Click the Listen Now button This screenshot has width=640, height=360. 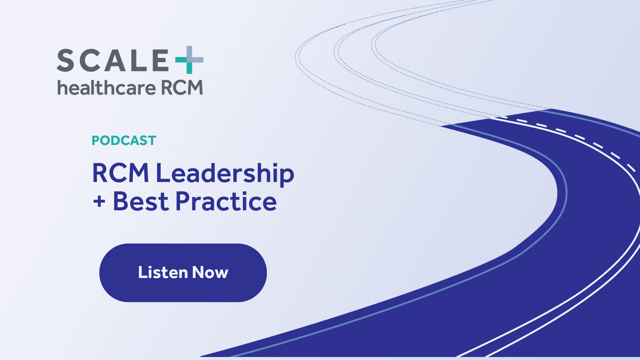point(183,273)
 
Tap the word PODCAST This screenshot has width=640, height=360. point(124,140)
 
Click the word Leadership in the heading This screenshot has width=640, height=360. point(225,173)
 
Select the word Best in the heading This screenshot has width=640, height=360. point(141,202)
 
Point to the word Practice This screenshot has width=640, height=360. point(226,202)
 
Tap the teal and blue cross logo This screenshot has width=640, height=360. point(189,60)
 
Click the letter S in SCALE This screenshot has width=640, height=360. point(66,60)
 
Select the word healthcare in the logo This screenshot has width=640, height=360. point(106,88)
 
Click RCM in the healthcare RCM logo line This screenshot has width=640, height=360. point(182,88)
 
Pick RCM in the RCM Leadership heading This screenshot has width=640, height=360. point(120,173)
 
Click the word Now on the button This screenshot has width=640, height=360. point(210,273)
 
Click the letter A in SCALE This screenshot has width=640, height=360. point(114,60)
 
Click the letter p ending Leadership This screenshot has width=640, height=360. point(287,175)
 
